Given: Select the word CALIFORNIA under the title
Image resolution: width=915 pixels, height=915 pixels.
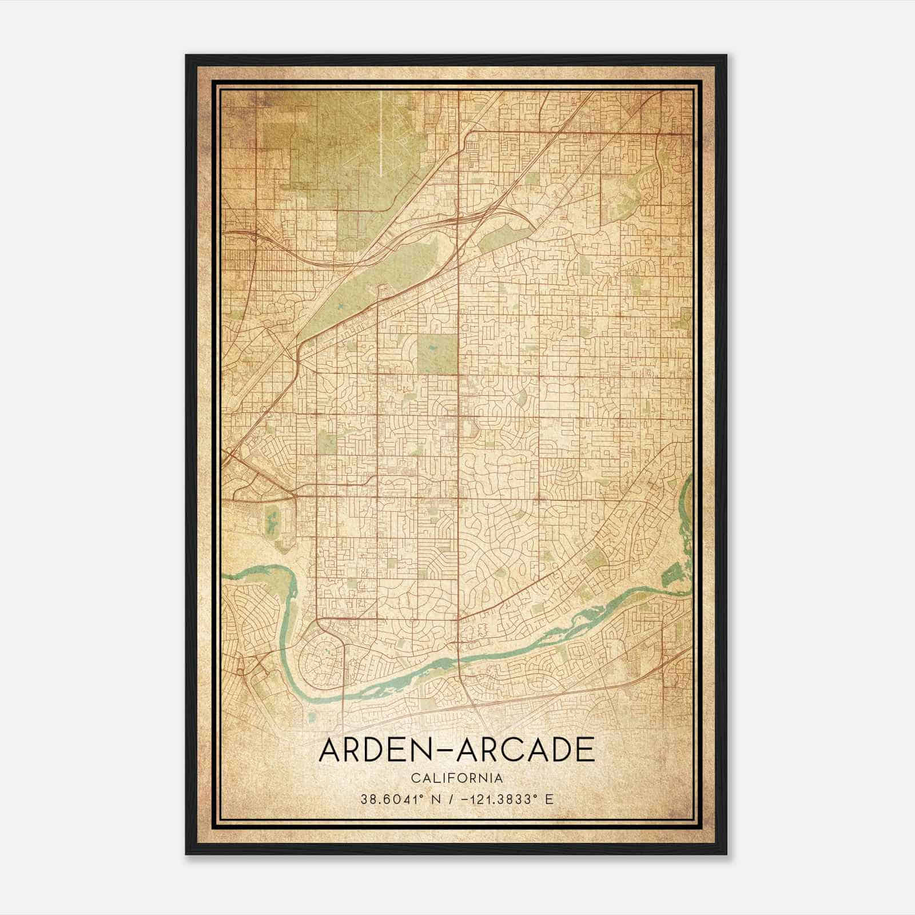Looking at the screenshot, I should tap(456, 778).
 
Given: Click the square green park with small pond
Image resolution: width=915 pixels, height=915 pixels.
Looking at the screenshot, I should tap(437, 353).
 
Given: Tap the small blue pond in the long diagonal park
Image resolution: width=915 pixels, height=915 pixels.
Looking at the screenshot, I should tap(341, 309).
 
